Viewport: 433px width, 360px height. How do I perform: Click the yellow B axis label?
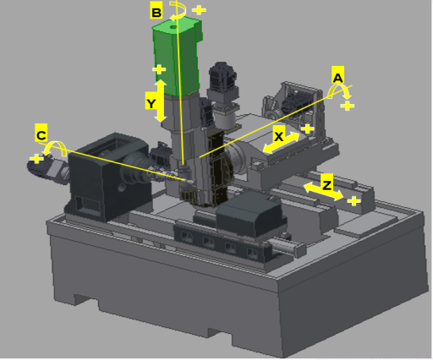pyautogui.click(x=156, y=10)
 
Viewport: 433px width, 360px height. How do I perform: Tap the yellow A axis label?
pyautogui.click(x=337, y=75)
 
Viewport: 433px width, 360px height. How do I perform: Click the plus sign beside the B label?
pyautogui.click(x=199, y=10)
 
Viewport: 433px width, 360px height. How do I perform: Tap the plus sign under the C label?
pyautogui.click(x=36, y=159)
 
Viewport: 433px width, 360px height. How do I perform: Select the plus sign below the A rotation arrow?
pyautogui.click(x=348, y=106)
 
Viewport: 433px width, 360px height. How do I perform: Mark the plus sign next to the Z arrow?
pyautogui.click(x=354, y=201)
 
